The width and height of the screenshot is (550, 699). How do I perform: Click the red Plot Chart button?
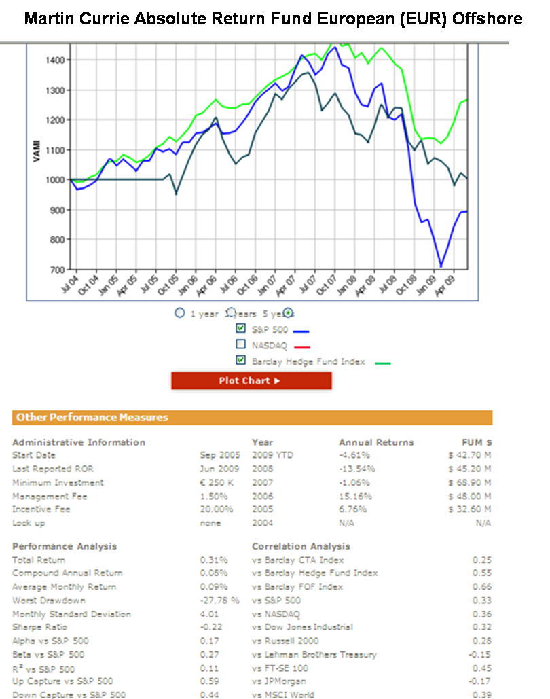pos(251,381)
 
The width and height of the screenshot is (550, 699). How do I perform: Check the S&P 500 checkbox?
pos(240,329)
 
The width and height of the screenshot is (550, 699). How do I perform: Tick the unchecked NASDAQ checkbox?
pos(240,345)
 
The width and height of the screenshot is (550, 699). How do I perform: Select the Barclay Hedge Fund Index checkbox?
pos(240,361)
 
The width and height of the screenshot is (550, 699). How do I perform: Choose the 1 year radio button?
pos(179,313)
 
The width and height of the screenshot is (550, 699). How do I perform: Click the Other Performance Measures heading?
pos(92,418)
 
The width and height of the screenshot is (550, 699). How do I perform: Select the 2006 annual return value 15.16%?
pos(355,497)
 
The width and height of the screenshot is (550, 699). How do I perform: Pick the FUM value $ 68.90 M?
pos(470,483)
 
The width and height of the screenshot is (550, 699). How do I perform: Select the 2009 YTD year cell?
pos(272,455)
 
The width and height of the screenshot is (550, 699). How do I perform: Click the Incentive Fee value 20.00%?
pos(216,509)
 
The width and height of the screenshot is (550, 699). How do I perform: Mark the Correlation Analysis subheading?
pos(301,546)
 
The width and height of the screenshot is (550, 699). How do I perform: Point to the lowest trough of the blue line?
pos(441,266)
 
